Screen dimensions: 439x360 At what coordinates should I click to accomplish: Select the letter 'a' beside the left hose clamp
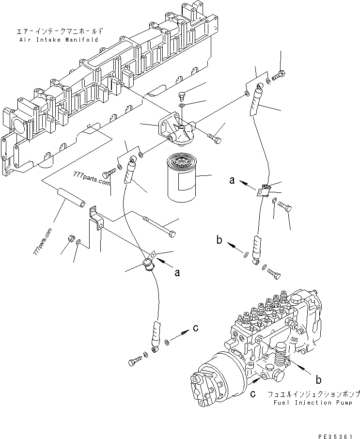[177, 273]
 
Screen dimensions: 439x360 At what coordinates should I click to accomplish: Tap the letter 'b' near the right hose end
[220, 240]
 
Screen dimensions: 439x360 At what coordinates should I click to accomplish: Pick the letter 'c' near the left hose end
[196, 328]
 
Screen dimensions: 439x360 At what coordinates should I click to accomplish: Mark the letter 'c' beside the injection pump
[253, 394]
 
